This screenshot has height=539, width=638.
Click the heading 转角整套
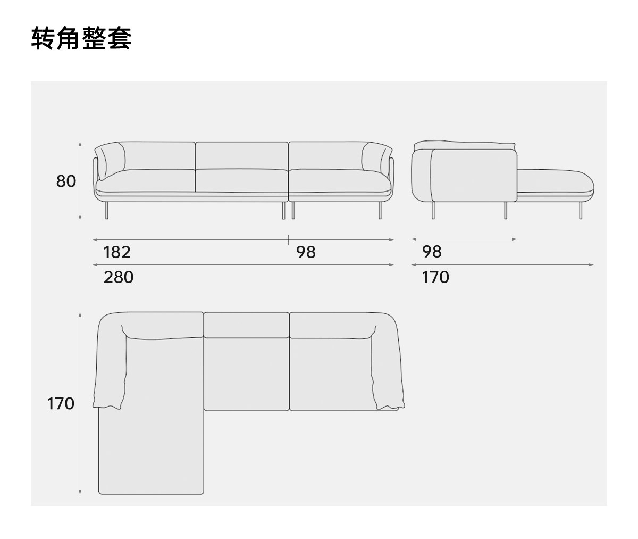coord(81,38)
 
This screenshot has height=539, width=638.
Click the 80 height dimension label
coord(66,181)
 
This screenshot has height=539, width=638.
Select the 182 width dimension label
coord(117,252)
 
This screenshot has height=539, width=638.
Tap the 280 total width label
coord(119,277)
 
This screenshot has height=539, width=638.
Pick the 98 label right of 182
coord(306,252)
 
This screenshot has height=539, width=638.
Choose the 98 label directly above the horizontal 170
coord(432,252)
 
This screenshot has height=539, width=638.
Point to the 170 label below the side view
coord(435,277)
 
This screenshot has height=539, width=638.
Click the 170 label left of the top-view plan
coord(61,404)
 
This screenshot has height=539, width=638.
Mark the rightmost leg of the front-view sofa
coord(380,211)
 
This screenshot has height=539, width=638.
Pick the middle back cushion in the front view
coord(242,155)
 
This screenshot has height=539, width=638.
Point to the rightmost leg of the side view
coord(578,211)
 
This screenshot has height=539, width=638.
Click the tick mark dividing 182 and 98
coord(289,239)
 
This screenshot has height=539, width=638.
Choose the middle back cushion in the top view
coord(246,325)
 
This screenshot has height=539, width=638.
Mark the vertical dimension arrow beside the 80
coord(80,181)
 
